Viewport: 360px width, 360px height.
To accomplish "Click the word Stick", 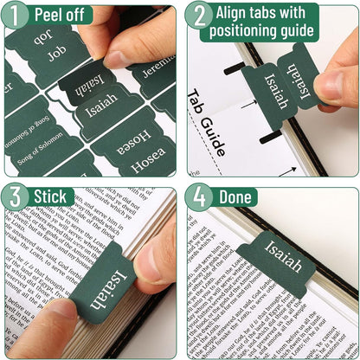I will point(53,196).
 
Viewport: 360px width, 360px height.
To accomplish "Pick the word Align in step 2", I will point(235,14).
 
